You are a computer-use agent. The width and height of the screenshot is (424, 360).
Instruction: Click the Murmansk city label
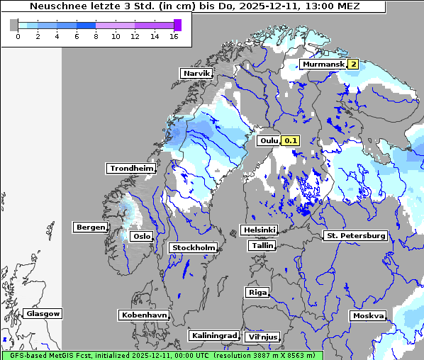323,64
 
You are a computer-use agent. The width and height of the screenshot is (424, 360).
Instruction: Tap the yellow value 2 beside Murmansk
352,64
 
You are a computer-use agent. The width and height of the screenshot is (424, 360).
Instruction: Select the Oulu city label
269,141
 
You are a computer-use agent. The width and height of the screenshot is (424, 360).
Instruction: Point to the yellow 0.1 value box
291,141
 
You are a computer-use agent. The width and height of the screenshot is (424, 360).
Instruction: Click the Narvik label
196,73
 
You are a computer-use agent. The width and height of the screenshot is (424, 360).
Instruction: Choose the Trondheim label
131,168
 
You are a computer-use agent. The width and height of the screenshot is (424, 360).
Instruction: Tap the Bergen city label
89,227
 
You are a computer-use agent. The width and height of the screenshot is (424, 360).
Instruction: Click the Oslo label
142,236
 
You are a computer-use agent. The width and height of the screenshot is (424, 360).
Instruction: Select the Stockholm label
193,247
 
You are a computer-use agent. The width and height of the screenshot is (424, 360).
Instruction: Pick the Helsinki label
259,230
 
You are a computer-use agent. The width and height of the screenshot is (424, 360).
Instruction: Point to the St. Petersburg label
355,235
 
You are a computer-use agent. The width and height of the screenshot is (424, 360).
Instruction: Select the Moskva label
368,315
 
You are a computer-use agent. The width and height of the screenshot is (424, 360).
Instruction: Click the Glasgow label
43,313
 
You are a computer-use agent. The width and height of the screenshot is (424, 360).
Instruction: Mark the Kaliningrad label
213,335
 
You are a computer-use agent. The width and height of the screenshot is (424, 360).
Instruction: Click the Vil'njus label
262,337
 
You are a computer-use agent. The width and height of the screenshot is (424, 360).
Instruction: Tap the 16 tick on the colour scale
173,36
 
